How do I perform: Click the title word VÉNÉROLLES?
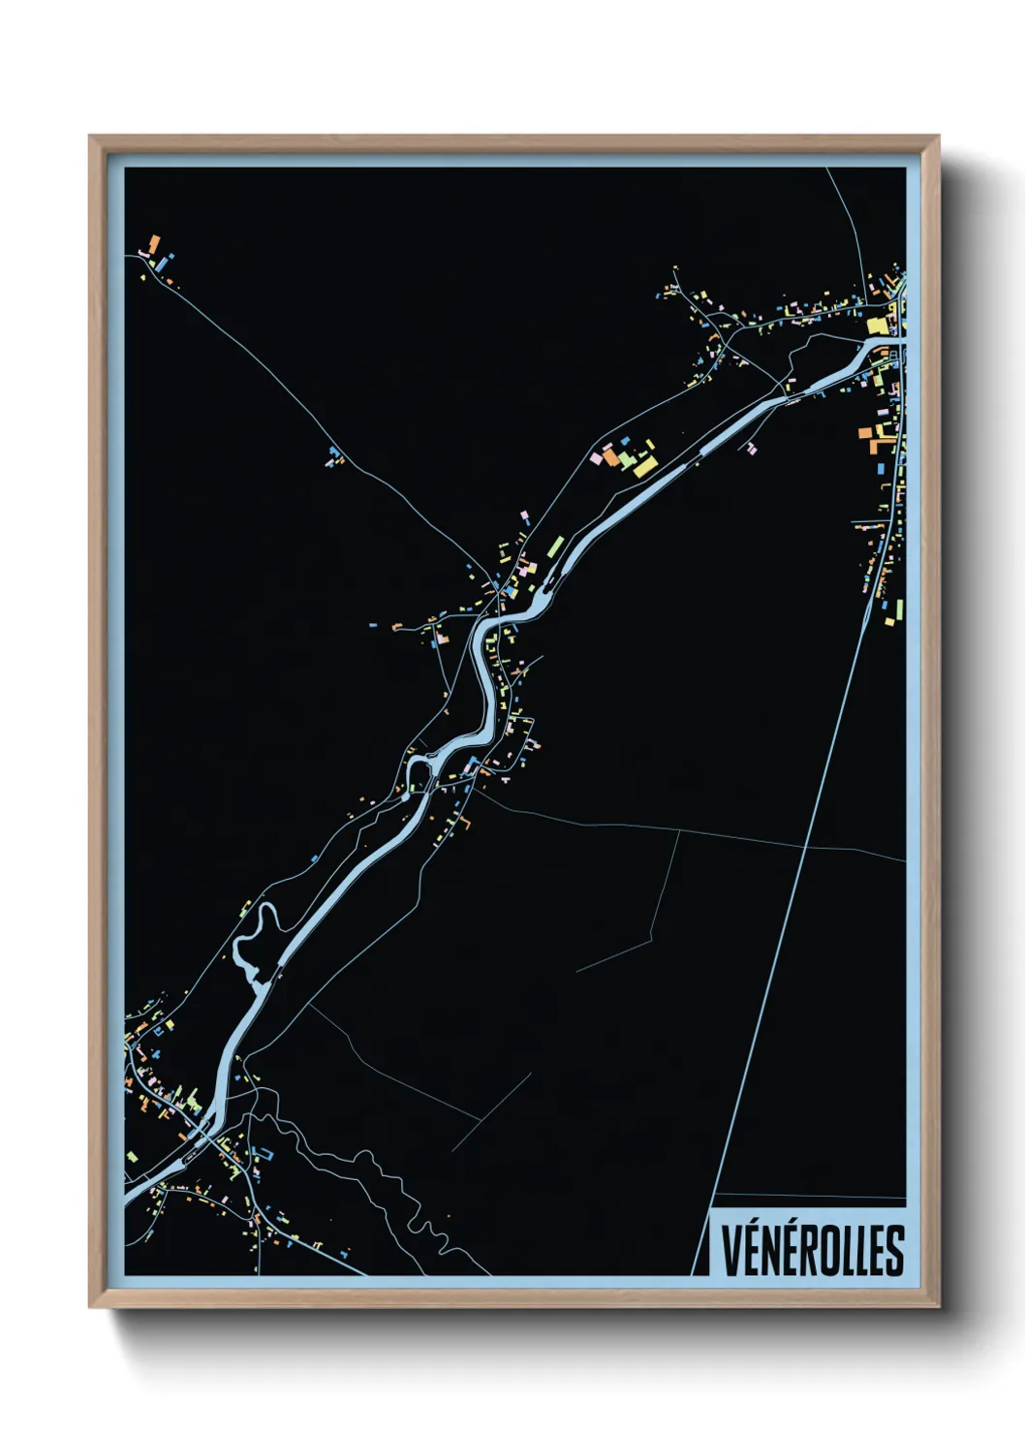point(812,1251)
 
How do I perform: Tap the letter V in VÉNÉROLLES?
point(730,1251)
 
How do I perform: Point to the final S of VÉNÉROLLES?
point(895,1251)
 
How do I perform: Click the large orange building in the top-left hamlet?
point(153,241)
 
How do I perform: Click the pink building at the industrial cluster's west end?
point(597,457)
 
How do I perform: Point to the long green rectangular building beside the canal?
point(555,546)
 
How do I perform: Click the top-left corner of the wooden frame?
point(90,137)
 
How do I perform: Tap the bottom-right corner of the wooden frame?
point(938,1306)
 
